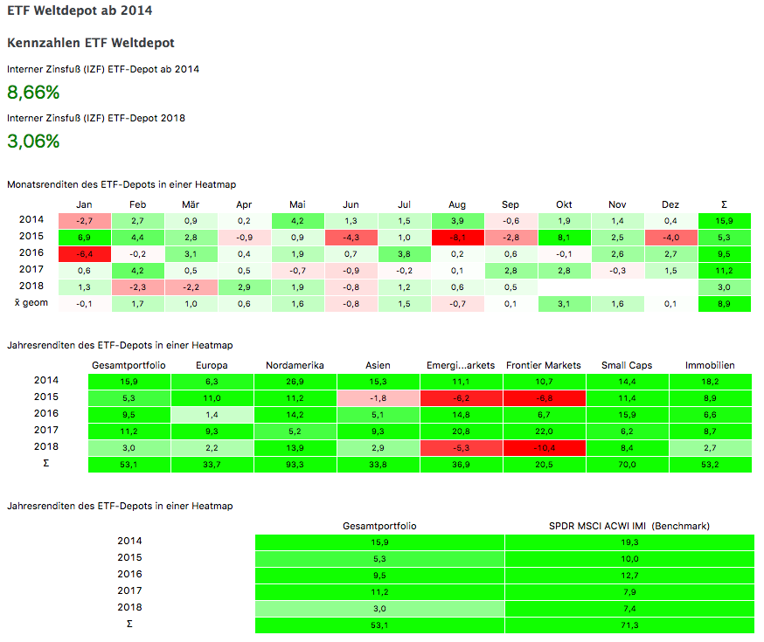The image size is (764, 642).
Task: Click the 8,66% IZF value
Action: tap(33, 93)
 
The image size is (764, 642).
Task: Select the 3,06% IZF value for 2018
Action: tap(33, 141)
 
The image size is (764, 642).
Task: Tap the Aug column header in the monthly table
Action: tap(455, 204)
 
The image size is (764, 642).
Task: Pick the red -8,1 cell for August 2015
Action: tap(455, 237)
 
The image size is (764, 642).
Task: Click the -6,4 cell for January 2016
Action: tap(84, 253)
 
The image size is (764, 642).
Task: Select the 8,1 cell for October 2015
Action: tap(564, 237)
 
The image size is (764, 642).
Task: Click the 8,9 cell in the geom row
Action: tap(724, 304)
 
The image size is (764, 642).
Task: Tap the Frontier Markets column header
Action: tap(544, 365)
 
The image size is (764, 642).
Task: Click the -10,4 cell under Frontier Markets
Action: tap(544, 447)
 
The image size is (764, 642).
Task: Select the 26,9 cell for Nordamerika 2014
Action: tap(296, 381)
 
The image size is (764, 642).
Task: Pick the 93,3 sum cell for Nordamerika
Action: tap(296, 464)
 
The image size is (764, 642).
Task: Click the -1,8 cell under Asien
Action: tap(379, 397)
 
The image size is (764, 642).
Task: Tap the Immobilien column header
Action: tap(710, 365)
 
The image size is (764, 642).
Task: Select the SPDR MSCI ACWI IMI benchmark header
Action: tap(629, 526)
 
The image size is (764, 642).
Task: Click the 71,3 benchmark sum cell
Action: tap(629, 625)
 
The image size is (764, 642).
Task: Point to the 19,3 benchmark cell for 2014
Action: tap(629, 542)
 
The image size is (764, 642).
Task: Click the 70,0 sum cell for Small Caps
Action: tap(626, 464)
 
